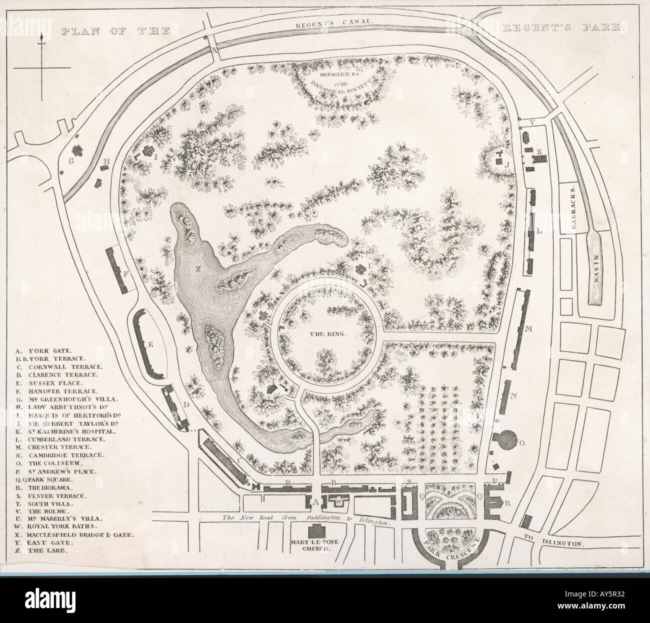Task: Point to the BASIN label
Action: coord(597,268)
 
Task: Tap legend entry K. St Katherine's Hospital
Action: coord(72,431)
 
